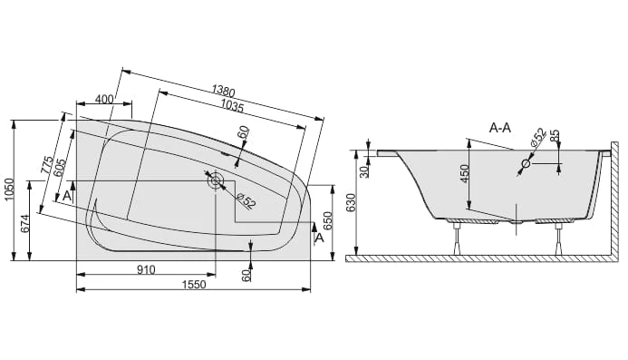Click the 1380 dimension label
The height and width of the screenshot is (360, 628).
pyautogui.click(x=224, y=92)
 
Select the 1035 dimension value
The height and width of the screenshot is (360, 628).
pyautogui.click(x=231, y=106)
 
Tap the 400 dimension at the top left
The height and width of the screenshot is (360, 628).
pyautogui.click(x=105, y=99)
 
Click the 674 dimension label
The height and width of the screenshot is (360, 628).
pyautogui.click(x=24, y=224)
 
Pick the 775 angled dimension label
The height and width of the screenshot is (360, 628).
pyautogui.click(x=47, y=165)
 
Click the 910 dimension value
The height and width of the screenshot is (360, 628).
pyautogui.click(x=146, y=270)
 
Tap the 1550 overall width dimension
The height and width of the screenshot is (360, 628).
pyautogui.click(x=194, y=285)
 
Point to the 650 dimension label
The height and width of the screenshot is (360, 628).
pyautogui.click(x=327, y=221)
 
